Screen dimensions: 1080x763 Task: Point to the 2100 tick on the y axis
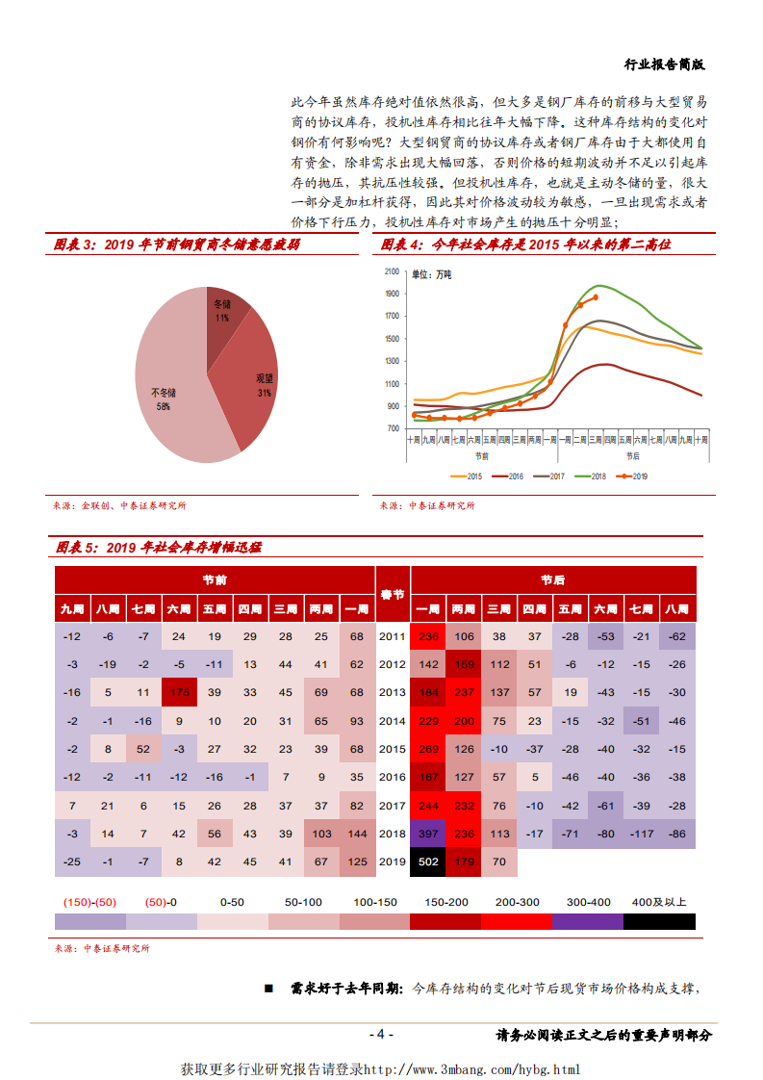(x=391, y=271)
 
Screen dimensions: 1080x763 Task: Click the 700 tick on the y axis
(x=393, y=428)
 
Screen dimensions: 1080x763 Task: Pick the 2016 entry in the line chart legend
(x=509, y=476)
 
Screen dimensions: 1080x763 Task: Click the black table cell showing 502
(x=428, y=861)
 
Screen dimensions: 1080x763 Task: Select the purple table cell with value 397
(x=428, y=834)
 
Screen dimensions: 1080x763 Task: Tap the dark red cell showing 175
(x=179, y=692)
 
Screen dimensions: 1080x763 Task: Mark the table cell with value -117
(x=642, y=834)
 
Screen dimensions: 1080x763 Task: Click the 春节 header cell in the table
(x=393, y=594)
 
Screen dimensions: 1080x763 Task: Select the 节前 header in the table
(x=215, y=580)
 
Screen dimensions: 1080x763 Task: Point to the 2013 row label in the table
(x=393, y=692)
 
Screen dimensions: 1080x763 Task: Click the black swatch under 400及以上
(x=660, y=921)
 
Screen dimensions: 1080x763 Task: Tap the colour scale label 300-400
(x=588, y=902)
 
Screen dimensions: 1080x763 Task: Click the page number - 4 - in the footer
(x=381, y=1035)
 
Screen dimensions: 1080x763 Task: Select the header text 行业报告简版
(x=665, y=64)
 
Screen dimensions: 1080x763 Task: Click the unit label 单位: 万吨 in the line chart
(x=431, y=275)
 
